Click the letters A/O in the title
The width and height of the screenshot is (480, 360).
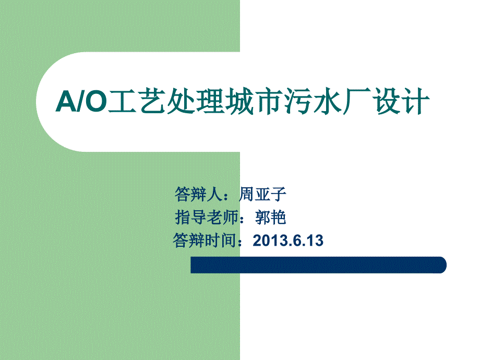pos(81,101)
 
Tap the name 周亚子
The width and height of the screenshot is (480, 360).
pos(262,194)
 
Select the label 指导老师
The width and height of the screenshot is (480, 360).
pos(207,218)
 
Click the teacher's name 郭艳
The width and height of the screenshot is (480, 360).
pos(271,218)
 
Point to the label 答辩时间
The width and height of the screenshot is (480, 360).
pos(205,241)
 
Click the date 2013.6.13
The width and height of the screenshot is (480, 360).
pos(288,241)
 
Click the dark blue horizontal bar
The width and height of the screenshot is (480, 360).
pos(318,265)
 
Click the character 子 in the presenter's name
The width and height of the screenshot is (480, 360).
pos(279,194)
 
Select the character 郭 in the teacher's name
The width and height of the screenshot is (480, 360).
pos(262,218)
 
